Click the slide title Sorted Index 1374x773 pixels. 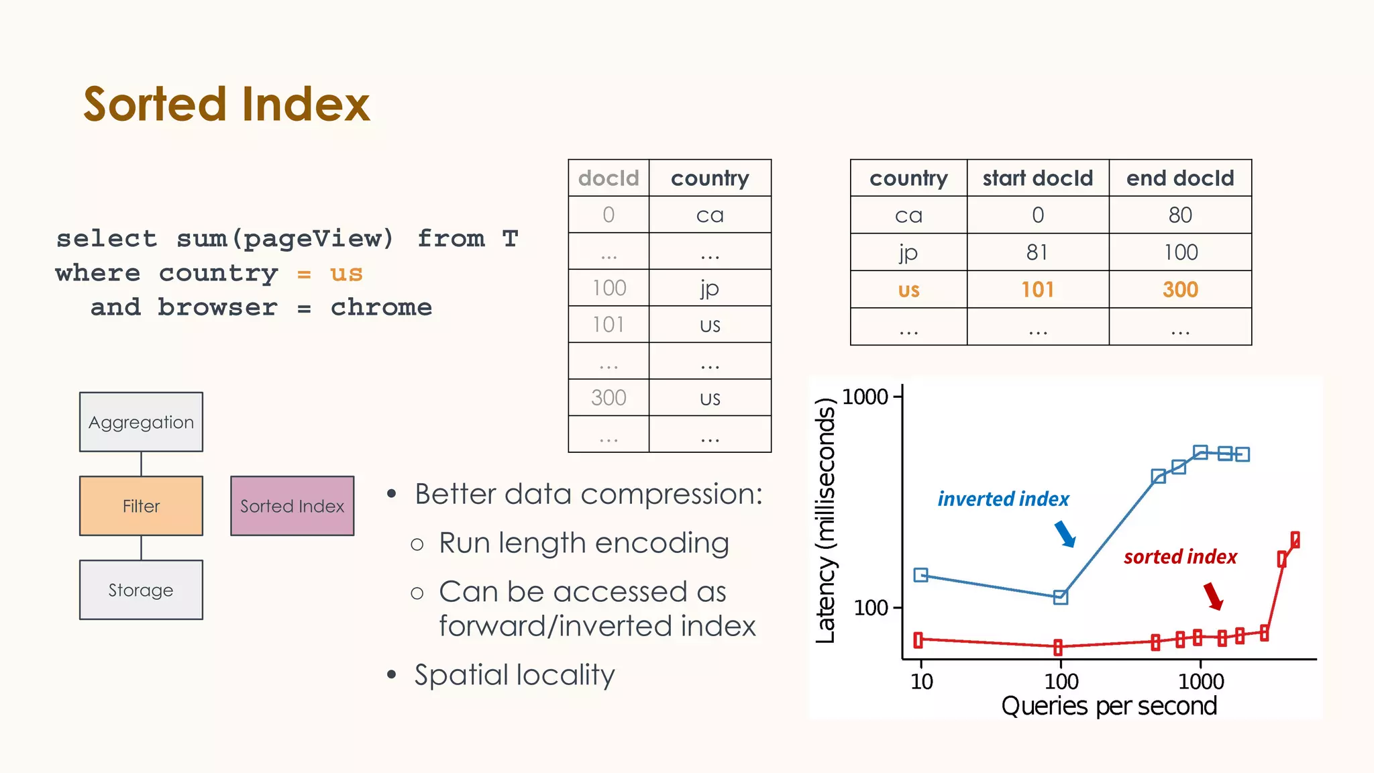tap(226, 104)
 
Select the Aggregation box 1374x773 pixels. tap(141, 422)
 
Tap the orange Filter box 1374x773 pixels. tap(141, 506)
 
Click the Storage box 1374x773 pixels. tap(141, 590)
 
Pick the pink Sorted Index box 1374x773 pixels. tap(292, 506)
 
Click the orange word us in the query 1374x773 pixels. tap(346, 274)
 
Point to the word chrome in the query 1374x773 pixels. tap(381, 307)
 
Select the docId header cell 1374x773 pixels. tap(609, 178)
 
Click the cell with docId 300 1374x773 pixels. tap(609, 398)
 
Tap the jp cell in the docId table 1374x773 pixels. tap(710, 288)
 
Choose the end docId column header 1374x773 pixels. tap(1180, 178)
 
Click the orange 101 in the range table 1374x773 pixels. tap(1037, 290)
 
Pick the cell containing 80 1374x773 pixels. tap(1180, 215)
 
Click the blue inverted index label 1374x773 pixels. tap(1003, 499)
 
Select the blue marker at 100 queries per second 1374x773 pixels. tap(1061, 597)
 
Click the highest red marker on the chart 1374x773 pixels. tap(1295, 539)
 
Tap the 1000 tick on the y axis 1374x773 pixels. tap(865, 397)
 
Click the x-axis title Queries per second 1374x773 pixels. tap(1109, 706)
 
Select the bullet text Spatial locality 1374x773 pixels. tap(514, 675)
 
